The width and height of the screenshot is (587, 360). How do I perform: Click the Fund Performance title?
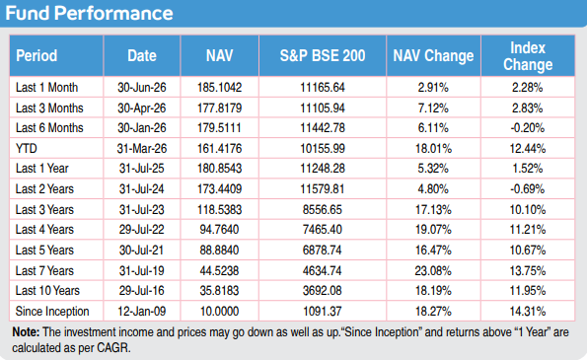click(89, 13)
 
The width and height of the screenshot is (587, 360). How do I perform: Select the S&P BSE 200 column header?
click(323, 56)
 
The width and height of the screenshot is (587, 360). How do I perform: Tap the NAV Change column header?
click(433, 56)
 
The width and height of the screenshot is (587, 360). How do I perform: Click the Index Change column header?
click(528, 56)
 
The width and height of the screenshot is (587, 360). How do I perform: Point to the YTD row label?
click(27, 149)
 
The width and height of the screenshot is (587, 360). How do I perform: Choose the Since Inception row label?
click(52, 312)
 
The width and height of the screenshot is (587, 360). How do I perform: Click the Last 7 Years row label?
click(44, 270)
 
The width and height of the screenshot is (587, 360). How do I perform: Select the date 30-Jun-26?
click(141, 88)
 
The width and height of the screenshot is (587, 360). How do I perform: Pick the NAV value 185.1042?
click(219, 88)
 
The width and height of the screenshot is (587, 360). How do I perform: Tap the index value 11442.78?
click(323, 128)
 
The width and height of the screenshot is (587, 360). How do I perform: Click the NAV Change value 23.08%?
click(433, 270)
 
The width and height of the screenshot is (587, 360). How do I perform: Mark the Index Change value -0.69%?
click(528, 189)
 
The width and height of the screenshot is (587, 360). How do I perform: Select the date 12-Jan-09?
click(141, 312)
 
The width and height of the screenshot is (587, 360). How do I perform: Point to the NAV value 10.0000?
click(219, 312)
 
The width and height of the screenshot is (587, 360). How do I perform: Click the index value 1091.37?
click(323, 312)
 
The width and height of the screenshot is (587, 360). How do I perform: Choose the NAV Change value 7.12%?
click(433, 108)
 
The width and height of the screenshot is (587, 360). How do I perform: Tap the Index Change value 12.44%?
click(528, 149)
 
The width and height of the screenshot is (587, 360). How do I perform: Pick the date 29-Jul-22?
click(141, 230)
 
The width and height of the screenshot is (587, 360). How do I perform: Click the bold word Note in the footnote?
click(26, 332)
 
